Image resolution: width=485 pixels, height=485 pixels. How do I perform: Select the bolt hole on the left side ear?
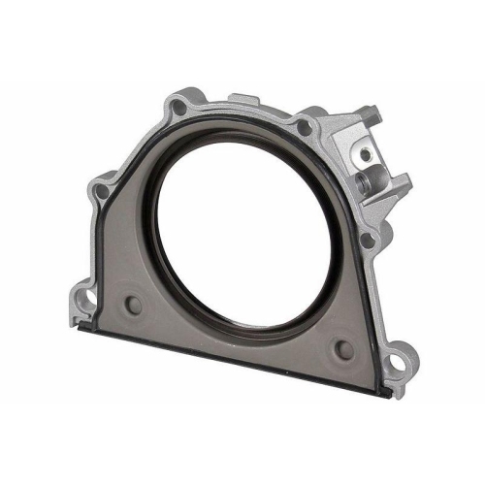click(x=101, y=191)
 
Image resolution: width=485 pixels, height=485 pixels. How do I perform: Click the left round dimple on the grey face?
click(x=133, y=305)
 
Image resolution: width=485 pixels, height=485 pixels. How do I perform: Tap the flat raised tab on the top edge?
click(x=242, y=100)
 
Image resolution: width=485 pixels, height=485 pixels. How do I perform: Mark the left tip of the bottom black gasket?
click(x=80, y=328)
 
